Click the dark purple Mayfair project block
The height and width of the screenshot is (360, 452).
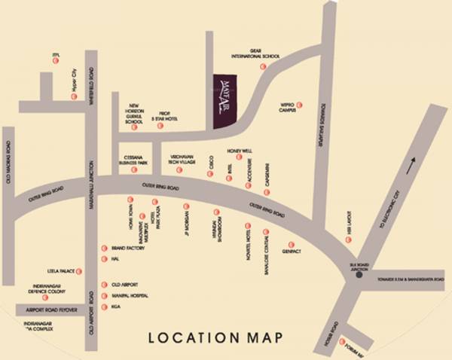coord(224,102)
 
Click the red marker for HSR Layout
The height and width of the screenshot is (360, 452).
coord(348,239)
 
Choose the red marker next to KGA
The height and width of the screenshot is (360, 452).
coord(103,307)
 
